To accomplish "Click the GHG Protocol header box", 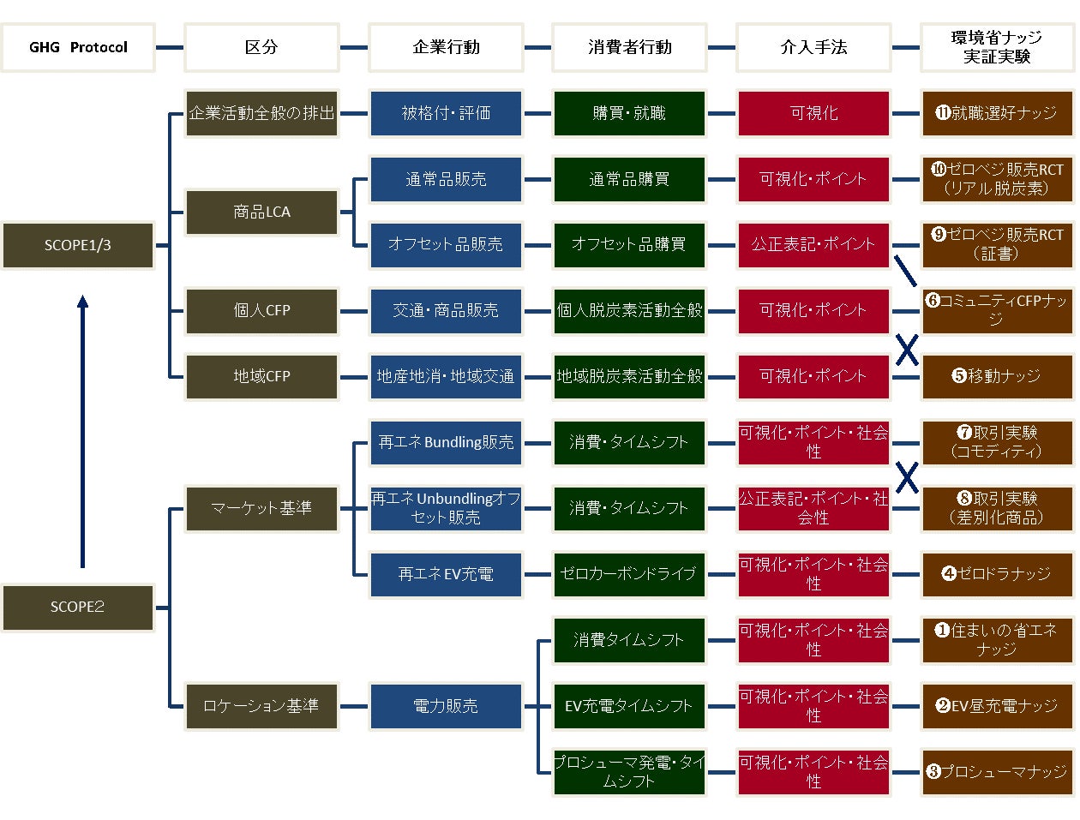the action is (x=78, y=47).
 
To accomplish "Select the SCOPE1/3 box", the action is (x=78, y=245).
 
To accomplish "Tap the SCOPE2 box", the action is (x=78, y=607).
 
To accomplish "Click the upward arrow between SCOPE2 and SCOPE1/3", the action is (x=82, y=428).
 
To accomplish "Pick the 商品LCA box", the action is (x=261, y=212).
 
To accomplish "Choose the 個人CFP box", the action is (x=261, y=310).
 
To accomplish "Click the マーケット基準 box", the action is (x=261, y=508).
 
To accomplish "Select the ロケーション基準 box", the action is (x=261, y=706).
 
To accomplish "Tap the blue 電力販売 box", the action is (x=446, y=706).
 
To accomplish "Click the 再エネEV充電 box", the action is (x=446, y=574).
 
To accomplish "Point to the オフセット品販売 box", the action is (x=446, y=244).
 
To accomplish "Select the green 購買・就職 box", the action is (x=629, y=113).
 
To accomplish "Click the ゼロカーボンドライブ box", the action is (x=629, y=574).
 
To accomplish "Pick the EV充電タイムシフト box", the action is (x=629, y=706).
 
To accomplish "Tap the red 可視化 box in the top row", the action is (x=813, y=113).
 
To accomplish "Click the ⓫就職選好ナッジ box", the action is (x=997, y=113).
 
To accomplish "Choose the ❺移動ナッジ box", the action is (x=997, y=376).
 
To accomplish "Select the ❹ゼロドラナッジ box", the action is (x=997, y=574).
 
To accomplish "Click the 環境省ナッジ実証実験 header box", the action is (x=997, y=47).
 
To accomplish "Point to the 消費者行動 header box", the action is (x=629, y=47).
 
